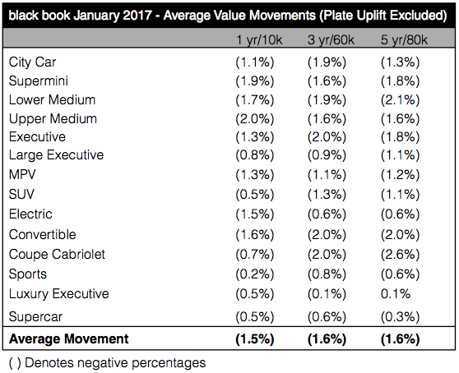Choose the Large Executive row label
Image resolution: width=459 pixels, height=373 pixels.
[56, 155]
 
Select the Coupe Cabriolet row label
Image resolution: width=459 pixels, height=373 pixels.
[57, 254]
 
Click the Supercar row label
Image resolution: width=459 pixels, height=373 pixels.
[37, 316]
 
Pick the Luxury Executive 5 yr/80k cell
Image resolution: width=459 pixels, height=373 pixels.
[396, 294]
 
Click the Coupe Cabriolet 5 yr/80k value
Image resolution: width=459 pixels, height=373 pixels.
[400, 254]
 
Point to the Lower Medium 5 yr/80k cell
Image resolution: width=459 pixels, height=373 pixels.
[400, 99]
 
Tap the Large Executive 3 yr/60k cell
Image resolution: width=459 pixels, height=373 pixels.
[327, 155]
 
